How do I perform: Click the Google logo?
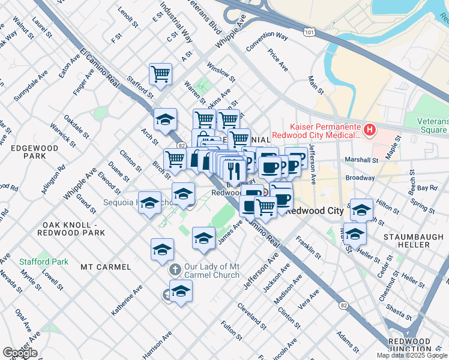point(20,353)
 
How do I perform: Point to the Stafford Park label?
point(43,262)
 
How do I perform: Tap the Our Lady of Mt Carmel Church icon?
point(175,270)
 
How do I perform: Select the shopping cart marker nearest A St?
point(160,74)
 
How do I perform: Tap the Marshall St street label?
point(362,160)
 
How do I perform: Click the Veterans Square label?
point(432,125)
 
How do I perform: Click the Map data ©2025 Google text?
point(411,355)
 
